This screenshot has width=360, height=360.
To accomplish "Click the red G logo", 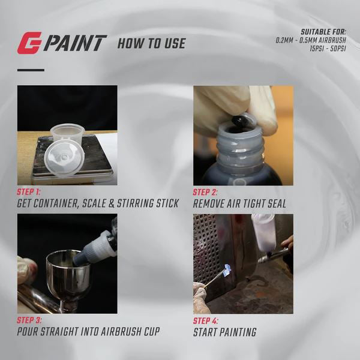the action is (x=29, y=43).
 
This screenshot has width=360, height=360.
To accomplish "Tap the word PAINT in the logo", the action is (x=75, y=43).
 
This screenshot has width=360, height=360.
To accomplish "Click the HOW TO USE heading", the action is (x=152, y=43).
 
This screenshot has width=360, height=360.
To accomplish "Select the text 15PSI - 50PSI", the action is (x=328, y=49).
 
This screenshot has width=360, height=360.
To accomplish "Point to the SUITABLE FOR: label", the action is (x=323, y=32).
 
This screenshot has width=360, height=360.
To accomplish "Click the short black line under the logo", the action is (x=31, y=70).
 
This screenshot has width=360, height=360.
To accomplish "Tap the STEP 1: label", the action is (x=28, y=192).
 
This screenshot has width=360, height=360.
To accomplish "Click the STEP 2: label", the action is (x=205, y=193).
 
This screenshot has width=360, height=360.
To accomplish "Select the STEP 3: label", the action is (x=29, y=320).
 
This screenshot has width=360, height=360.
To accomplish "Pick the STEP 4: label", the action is (x=205, y=321).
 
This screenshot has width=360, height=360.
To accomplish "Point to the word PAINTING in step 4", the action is (x=238, y=332).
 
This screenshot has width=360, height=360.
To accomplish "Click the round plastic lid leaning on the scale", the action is (x=65, y=157).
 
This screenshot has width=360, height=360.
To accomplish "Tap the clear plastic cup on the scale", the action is (x=68, y=134).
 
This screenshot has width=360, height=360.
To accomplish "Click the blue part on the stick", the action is (x=227, y=270).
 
